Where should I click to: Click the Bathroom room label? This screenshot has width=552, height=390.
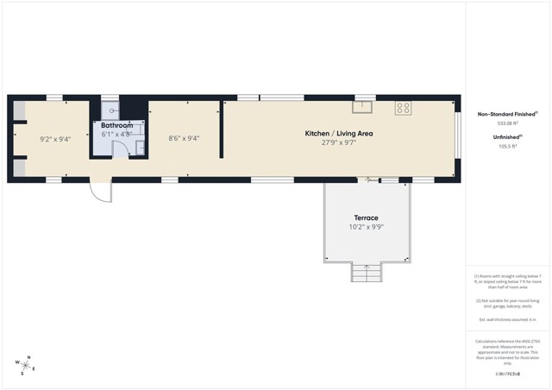[x=116, y=126]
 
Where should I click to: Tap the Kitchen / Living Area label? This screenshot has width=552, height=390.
[x=339, y=133]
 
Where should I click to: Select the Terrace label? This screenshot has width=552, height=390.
[x=367, y=217]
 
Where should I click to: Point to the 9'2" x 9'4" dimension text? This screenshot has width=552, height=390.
[x=55, y=138]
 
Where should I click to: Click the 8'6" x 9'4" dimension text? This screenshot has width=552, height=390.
[x=184, y=138]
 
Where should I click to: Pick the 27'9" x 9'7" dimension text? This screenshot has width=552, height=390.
[x=339, y=142]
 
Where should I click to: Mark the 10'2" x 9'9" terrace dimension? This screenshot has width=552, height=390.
[x=367, y=227]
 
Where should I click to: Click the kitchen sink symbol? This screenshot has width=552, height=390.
[x=362, y=108]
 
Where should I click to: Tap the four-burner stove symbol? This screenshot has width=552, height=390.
[x=403, y=108]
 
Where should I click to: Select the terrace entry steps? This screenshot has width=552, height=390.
[x=365, y=273]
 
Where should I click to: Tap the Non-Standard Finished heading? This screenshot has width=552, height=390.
[x=508, y=113]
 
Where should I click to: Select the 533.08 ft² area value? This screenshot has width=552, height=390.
[x=508, y=123]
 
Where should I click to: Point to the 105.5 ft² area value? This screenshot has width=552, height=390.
[x=508, y=146]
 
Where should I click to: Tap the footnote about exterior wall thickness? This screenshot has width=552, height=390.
[x=508, y=319]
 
